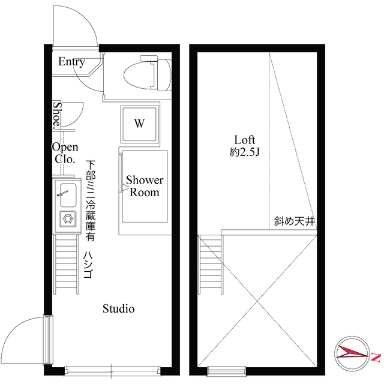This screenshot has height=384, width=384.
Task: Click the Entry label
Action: pos(71,62)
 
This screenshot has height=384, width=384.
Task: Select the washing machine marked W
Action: pos(139,124)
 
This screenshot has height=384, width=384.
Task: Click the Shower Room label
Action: pos(145,186)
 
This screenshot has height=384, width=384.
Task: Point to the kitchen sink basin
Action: pos(68,195)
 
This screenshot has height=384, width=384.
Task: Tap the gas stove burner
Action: pos(68,218)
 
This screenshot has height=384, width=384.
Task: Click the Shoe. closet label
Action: pos(57,115)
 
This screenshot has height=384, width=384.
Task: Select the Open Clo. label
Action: pos(65,153)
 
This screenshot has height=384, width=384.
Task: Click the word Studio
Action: pos(119,308)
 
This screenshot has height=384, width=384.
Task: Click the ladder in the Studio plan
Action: pos(66,265)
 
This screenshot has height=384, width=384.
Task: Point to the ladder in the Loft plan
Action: pos(211,265)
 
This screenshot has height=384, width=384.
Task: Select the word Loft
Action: pos(245,140)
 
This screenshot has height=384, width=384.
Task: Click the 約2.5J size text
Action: pos(245,152)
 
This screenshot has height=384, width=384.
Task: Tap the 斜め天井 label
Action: pos(295,221)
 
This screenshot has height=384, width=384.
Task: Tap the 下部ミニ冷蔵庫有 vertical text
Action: pos(91,200)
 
